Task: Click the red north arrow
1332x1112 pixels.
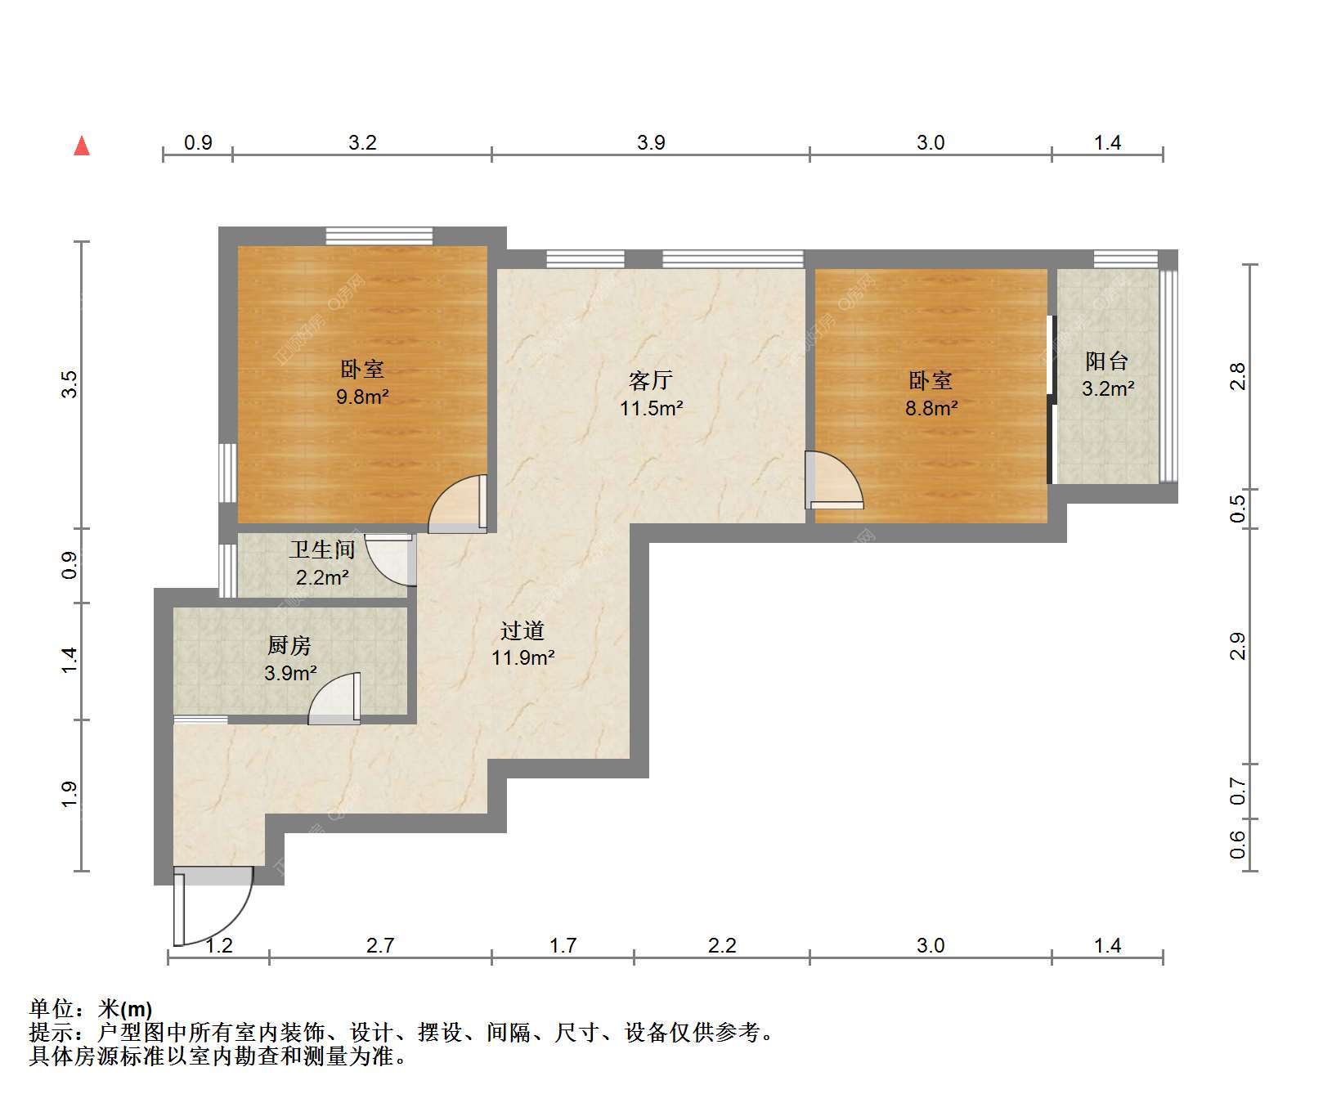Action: point(82,146)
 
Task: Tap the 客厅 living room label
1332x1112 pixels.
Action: point(651,380)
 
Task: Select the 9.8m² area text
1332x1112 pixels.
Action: point(362,397)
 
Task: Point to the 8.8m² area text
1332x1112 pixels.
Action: point(931,407)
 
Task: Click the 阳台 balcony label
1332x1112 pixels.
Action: point(1107,361)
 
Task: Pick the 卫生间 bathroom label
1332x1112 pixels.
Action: point(321,549)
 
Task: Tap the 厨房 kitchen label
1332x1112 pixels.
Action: point(289,646)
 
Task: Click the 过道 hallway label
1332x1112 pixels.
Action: point(522,630)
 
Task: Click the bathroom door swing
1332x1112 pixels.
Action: point(390,560)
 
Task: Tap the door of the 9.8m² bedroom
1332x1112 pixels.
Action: point(459,504)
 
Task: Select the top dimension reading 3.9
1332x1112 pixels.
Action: point(651,143)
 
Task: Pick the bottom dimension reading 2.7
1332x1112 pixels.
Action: point(380,946)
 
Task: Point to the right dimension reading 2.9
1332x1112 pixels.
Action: point(1238,646)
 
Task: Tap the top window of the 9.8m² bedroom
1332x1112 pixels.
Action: point(379,236)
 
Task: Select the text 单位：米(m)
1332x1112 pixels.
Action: point(91,1009)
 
